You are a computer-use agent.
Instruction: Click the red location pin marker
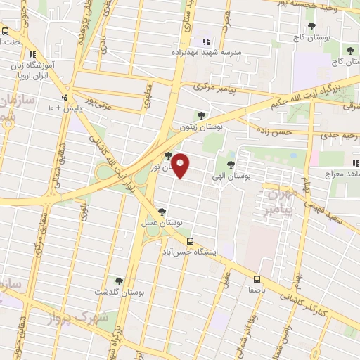click(x=181, y=166)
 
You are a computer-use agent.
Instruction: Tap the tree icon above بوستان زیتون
click(x=202, y=115)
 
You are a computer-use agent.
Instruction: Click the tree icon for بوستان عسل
click(x=162, y=211)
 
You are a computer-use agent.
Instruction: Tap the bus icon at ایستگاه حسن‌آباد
click(x=190, y=241)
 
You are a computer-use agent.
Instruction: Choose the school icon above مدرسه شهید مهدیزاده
click(x=206, y=42)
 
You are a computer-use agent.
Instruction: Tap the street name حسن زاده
click(x=273, y=131)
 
